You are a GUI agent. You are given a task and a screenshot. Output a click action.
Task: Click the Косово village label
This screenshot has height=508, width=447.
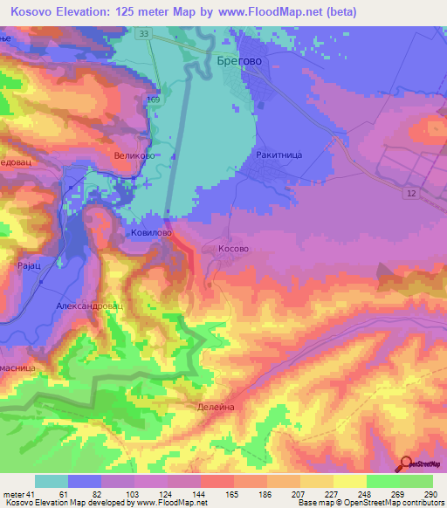point(232,249)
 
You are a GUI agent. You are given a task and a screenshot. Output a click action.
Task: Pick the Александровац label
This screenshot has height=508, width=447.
point(90,307)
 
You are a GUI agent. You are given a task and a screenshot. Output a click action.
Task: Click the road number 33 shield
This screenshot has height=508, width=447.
point(143,33)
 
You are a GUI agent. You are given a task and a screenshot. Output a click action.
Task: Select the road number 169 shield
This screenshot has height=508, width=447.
point(154,100)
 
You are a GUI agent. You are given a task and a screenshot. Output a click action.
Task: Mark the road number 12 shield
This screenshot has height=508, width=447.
point(409,191)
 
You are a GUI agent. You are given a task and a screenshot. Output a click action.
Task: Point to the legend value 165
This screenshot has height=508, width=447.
point(232,495)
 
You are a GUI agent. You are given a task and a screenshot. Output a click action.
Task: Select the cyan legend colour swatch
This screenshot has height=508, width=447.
point(52,481)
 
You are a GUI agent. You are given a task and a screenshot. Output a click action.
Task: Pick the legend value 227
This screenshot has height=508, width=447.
point(332,495)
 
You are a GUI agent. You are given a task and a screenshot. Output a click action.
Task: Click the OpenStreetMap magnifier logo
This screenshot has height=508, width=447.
point(406,463)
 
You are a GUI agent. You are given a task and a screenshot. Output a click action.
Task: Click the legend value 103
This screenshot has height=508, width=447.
point(132,495)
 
